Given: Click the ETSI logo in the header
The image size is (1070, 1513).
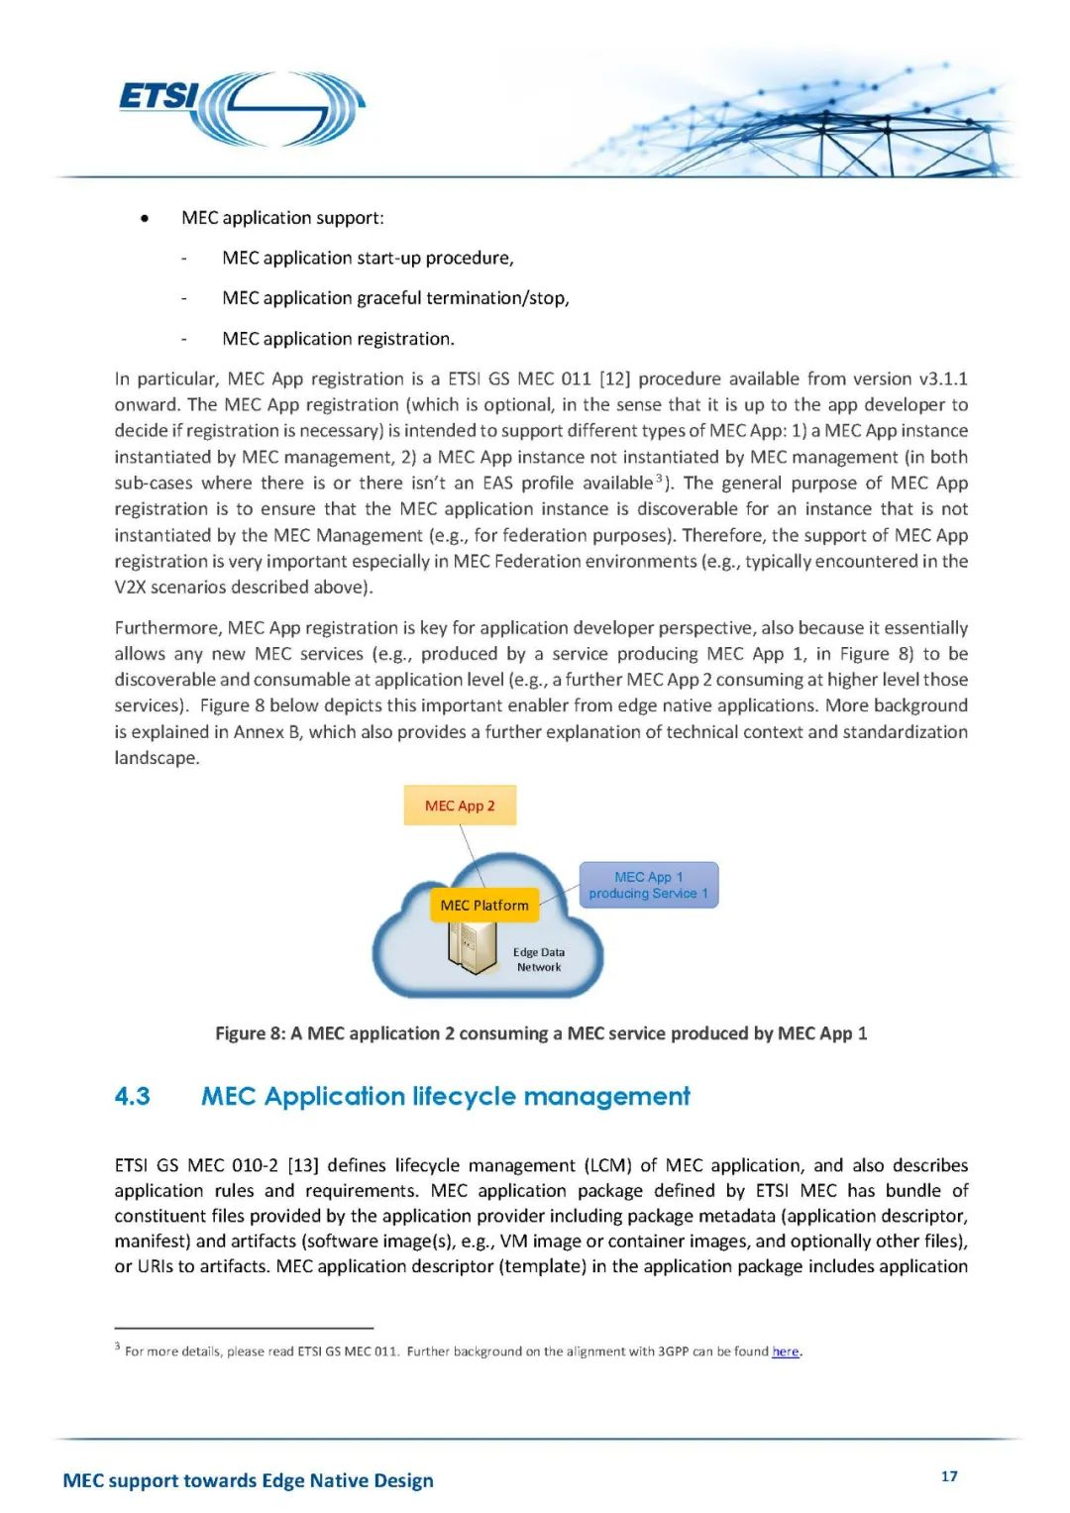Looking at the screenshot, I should pyautogui.click(x=242, y=107).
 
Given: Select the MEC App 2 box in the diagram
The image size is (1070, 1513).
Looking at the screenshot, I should pyautogui.click(x=460, y=806).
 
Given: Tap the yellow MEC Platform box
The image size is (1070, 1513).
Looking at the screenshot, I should pyautogui.click(x=484, y=905).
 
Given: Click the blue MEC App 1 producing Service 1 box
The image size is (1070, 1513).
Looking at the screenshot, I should pyautogui.click(x=649, y=885).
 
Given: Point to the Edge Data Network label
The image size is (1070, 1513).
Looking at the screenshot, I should pyautogui.click(x=539, y=959).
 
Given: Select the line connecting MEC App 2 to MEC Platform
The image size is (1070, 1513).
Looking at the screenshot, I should pyautogui.click(x=472, y=855).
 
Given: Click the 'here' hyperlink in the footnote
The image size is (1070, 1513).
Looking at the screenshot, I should pyautogui.click(x=786, y=1351).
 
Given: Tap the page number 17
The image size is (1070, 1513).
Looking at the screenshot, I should pyautogui.click(x=949, y=1476).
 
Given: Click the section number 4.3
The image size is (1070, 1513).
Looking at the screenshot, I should pyautogui.click(x=132, y=1096).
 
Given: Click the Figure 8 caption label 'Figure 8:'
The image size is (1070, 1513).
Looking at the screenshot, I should pyautogui.click(x=251, y=1033).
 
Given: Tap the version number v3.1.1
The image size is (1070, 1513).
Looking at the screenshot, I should pyautogui.click(x=943, y=378).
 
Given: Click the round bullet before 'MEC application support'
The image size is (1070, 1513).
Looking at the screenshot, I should pyautogui.click(x=145, y=218).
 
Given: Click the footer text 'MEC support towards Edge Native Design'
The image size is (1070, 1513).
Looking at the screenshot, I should pyautogui.click(x=248, y=1480).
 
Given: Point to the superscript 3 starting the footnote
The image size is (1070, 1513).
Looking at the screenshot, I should pyautogui.click(x=117, y=1347).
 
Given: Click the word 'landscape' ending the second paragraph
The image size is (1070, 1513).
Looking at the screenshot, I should pyautogui.click(x=156, y=758).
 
